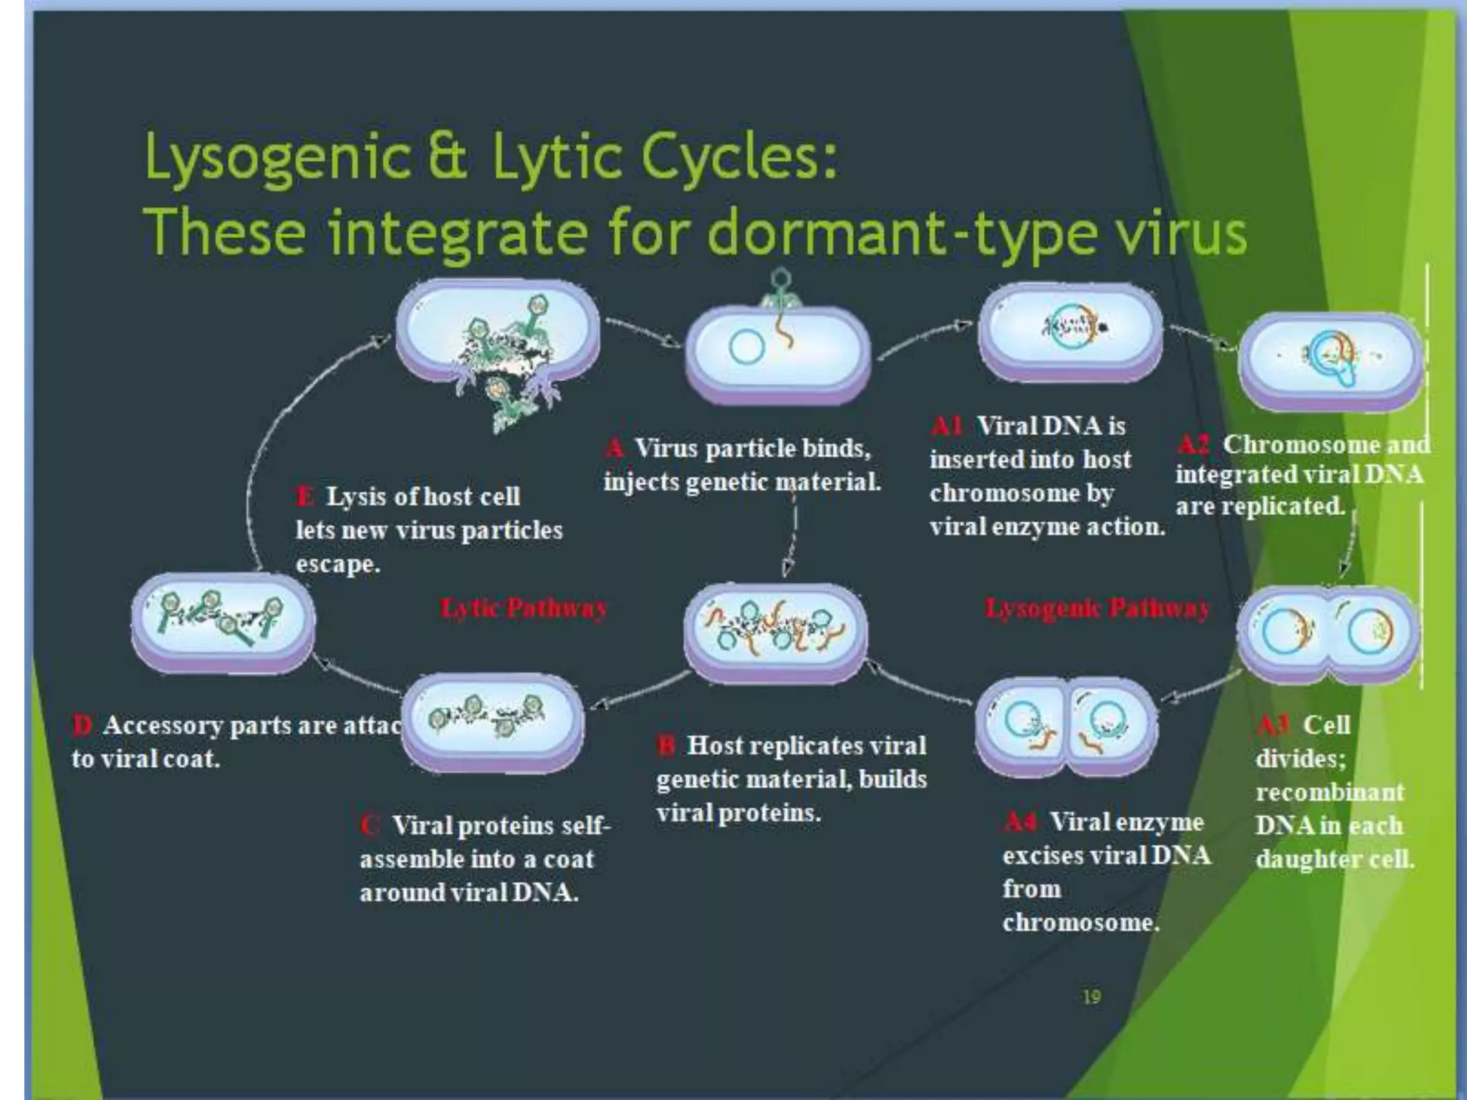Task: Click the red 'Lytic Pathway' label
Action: tap(524, 608)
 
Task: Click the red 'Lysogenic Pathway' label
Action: tap(1097, 608)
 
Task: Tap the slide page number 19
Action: tap(1092, 996)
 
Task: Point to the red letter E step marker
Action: tap(305, 496)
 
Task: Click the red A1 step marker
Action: tap(947, 426)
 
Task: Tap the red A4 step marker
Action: tap(1020, 821)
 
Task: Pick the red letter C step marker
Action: tap(370, 825)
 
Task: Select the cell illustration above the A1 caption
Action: tap(1070, 331)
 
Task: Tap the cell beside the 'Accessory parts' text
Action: tap(493, 722)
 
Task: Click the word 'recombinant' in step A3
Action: tap(1329, 792)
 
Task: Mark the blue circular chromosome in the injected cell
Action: tap(747, 347)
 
